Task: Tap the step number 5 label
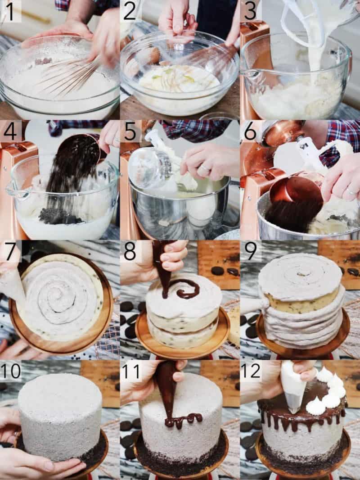[130, 132]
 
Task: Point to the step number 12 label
[251, 371]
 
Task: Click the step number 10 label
[11, 371]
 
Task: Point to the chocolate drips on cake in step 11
[182, 420]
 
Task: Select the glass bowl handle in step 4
[13, 189]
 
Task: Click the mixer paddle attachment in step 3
[299, 18]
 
